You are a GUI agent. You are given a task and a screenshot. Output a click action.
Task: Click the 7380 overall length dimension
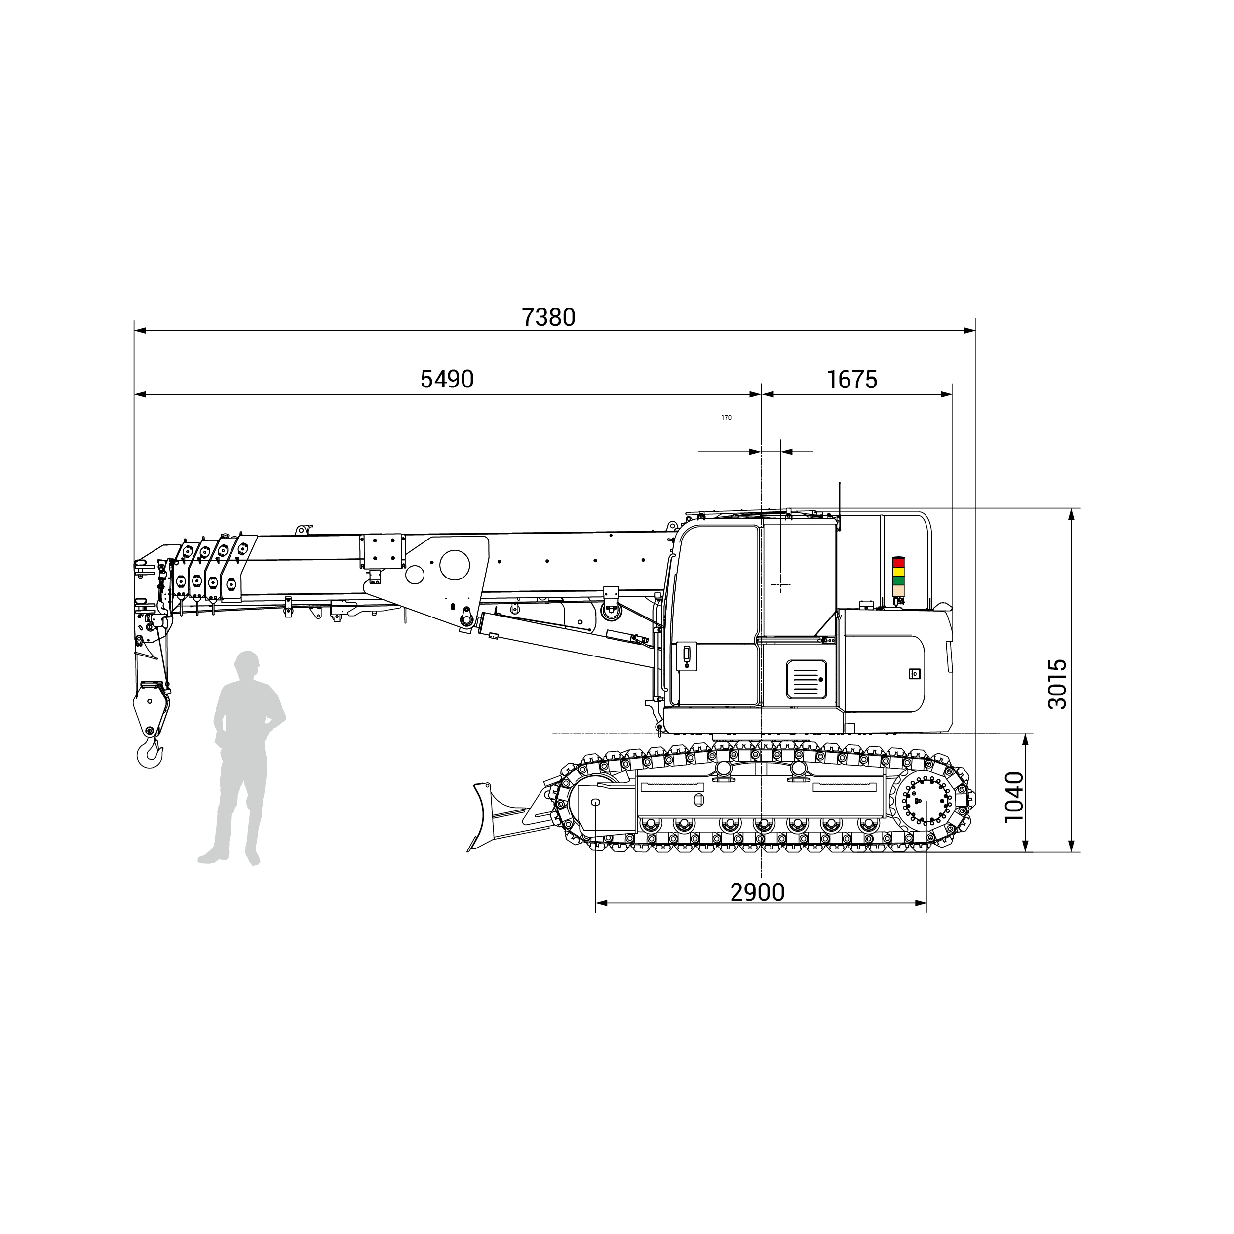click(549, 317)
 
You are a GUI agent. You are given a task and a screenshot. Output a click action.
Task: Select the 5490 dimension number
click(447, 380)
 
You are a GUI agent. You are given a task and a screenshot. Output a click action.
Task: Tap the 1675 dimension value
click(852, 380)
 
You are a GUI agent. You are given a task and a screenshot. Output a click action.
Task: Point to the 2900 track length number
click(758, 892)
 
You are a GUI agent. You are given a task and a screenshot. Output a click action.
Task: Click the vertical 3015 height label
click(1058, 684)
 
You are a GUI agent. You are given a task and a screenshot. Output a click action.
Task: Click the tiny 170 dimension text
click(726, 418)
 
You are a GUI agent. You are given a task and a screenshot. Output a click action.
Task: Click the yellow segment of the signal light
click(899, 572)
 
